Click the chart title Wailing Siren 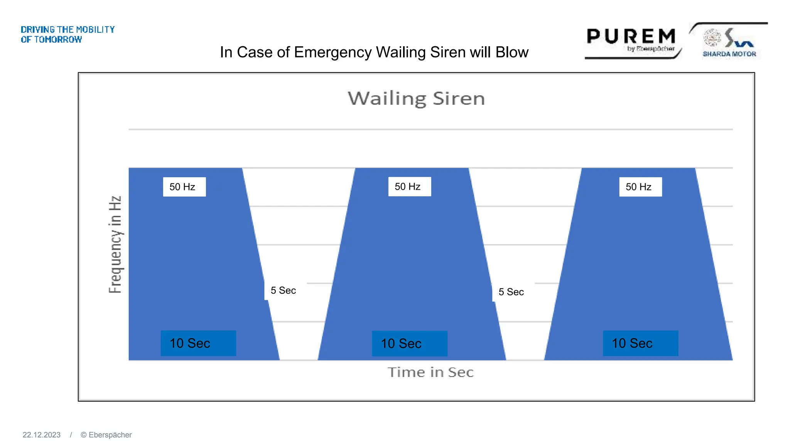[416, 99]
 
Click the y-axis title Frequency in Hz [115, 244]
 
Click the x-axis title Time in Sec [430, 372]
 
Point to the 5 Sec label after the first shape [283, 291]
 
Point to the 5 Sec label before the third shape [511, 292]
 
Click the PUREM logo [631, 37]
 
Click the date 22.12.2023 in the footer [42, 435]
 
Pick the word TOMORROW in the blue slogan [58, 40]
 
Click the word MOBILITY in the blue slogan [95, 30]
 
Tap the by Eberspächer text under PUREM [651, 49]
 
